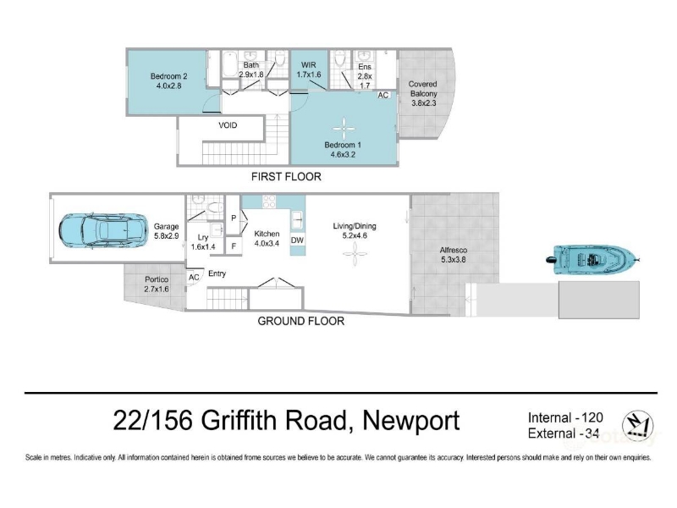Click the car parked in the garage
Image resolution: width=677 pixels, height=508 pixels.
click(x=101, y=230)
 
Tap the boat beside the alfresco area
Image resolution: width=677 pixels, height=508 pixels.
click(x=592, y=260)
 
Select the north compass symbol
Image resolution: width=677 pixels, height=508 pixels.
click(x=637, y=425)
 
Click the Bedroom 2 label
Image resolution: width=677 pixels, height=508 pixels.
click(x=168, y=76)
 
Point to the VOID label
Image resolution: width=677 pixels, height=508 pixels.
click(x=228, y=125)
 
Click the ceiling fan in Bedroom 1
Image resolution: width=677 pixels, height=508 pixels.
click(x=344, y=129)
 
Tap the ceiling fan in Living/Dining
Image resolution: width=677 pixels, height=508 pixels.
click(x=355, y=254)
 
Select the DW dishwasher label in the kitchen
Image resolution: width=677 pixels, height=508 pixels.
click(x=297, y=240)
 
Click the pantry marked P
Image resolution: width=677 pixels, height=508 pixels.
click(x=234, y=218)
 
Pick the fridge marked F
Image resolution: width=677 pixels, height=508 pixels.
click(x=234, y=246)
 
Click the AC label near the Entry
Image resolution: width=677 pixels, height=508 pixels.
click(x=194, y=278)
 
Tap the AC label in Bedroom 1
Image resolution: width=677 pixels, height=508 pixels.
click(x=383, y=96)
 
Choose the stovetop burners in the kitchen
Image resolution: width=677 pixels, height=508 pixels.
click(x=269, y=202)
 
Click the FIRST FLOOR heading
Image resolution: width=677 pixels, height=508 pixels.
click(x=286, y=177)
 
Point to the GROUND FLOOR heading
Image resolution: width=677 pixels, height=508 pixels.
click(x=301, y=321)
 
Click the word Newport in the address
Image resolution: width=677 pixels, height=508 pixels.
click(x=411, y=420)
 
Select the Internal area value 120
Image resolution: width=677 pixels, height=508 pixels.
click(x=592, y=417)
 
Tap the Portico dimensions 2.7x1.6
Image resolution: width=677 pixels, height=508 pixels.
click(x=157, y=289)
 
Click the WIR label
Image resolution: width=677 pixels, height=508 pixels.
click(x=308, y=65)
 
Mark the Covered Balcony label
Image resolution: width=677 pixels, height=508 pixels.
click(x=423, y=89)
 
